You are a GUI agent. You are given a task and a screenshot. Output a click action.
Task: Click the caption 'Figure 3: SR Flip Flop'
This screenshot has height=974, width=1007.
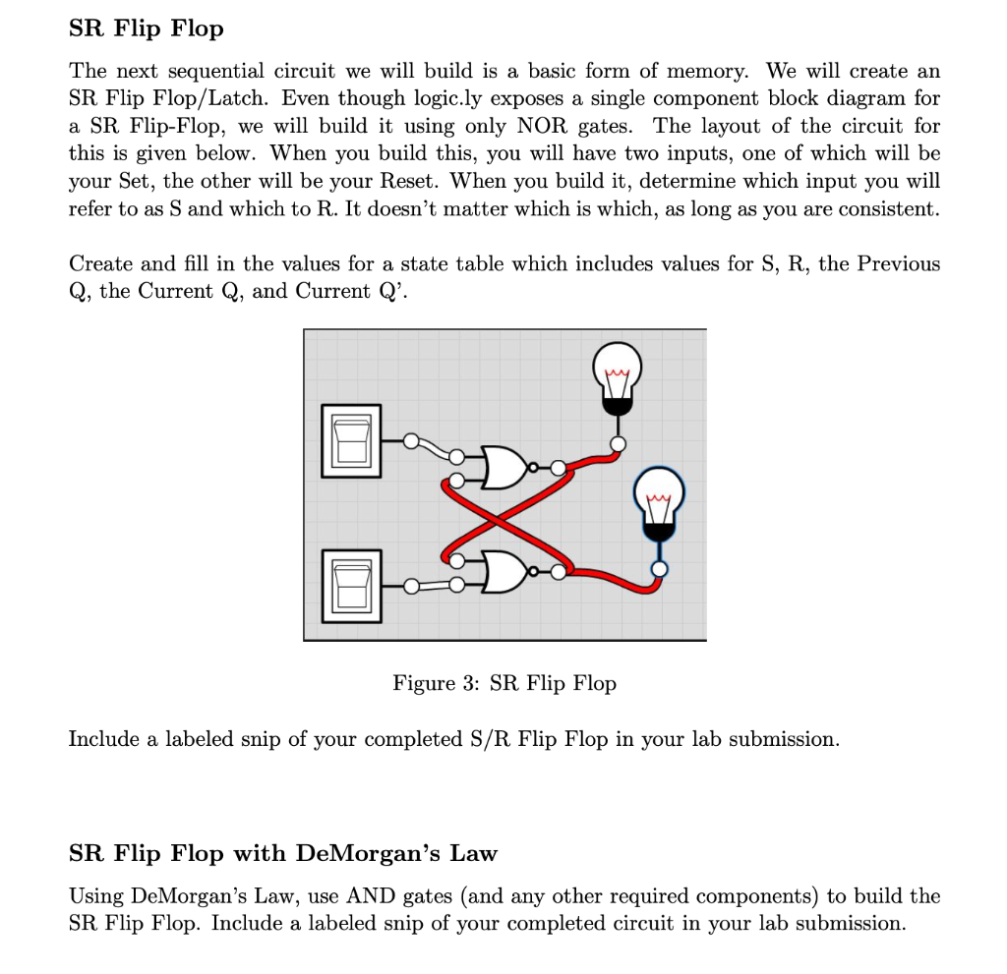504,682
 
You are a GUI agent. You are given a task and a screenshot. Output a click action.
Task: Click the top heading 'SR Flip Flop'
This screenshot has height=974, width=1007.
147,29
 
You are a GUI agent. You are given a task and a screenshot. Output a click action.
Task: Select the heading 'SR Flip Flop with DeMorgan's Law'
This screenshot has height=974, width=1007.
283,853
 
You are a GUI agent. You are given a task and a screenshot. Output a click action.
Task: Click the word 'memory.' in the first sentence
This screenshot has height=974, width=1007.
711,71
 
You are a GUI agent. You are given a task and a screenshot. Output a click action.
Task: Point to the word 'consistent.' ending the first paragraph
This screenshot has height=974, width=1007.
890,209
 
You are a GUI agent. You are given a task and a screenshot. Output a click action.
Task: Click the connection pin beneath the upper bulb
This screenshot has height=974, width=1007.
617,444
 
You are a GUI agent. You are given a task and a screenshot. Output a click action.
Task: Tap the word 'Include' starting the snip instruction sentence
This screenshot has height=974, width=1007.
104,739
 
